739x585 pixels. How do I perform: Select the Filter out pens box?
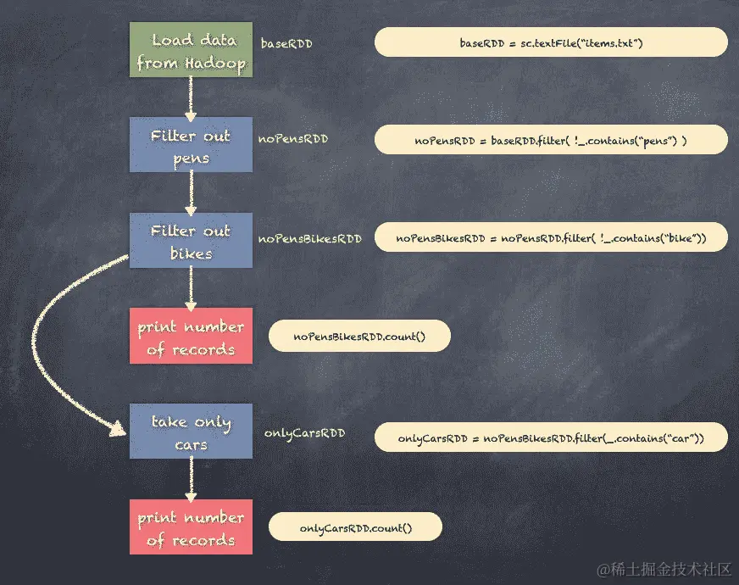(x=191, y=146)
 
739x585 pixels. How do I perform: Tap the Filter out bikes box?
(x=191, y=241)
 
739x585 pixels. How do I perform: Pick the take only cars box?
(x=191, y=432)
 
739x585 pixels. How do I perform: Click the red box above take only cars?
(x=191, y=337)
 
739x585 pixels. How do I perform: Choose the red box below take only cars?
(x=191, y=527)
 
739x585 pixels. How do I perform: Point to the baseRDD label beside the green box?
(x=286, y=42)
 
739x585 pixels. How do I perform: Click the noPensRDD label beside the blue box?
(x=293, y=138)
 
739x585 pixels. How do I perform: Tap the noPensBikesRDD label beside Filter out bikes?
(x=309, y=239)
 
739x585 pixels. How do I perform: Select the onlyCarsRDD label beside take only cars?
(x=304, y=433)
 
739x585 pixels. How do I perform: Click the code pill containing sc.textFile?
(x=551, y=42)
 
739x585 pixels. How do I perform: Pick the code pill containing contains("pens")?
(x=551, y=140)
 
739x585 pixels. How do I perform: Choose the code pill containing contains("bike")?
(x=551, y=238)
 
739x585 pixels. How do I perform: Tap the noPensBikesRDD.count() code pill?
(x=359, y=337)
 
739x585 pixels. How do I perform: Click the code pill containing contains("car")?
(x=551, y=437)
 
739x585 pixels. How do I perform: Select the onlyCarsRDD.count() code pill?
(x=356, y=527)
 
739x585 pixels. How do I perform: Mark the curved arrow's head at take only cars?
(x=119, y=430)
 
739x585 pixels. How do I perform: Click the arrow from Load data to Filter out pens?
(x=191, y=98)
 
